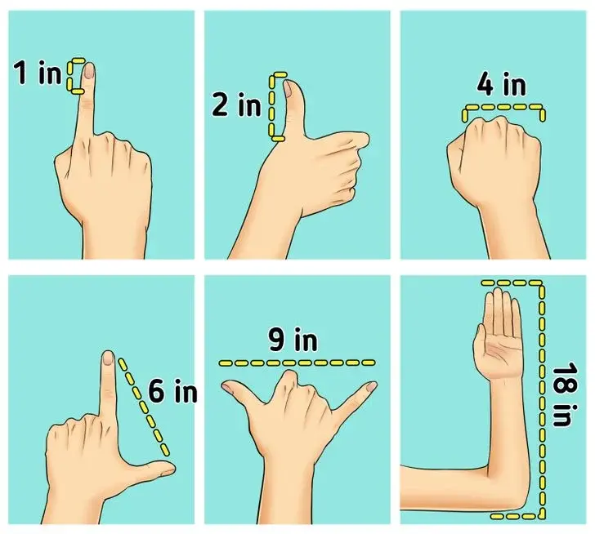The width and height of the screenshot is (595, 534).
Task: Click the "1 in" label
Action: pos(38,73)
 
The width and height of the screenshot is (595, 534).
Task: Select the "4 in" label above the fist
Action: pos(501,85)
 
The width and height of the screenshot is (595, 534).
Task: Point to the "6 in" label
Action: pos(172,391)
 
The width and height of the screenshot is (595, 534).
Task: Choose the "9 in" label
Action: pos(293,340)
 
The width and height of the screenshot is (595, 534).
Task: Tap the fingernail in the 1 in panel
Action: pos(89,71)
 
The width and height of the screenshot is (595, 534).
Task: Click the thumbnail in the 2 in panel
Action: pos(288,89)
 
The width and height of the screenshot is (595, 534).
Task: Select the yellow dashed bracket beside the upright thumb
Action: pos(271,108)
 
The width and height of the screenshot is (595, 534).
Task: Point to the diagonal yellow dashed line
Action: pos(144,407)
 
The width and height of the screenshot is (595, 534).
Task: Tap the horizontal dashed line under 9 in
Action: pos(297,363)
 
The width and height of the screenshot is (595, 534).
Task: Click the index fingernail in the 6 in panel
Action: pos(108,358)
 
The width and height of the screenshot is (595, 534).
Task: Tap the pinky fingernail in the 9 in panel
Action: pos(371,386)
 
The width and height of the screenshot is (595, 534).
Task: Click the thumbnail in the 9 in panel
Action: pos(229,388)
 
